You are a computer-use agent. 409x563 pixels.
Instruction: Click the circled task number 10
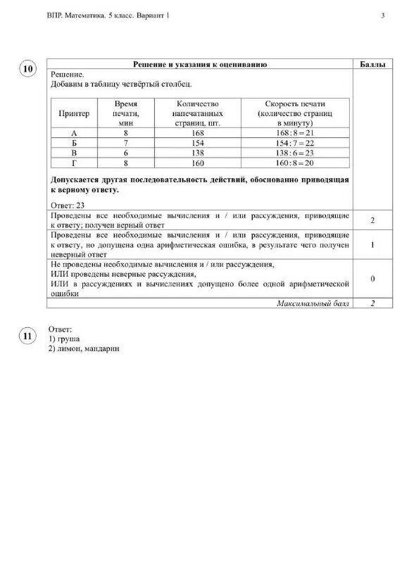click(x=28, y=69)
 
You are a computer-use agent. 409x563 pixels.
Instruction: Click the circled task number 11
click(x=28, y=336)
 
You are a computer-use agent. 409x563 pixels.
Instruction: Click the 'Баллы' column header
click(x=372, y=64)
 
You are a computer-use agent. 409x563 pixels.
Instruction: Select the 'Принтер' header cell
click(x=75, y=113)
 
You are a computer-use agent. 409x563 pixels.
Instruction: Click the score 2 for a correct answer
click(x=372, y=220)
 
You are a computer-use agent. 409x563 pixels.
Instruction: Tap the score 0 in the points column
click(x=372, y=279)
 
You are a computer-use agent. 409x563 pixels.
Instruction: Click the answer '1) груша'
click(x=64, y=339)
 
